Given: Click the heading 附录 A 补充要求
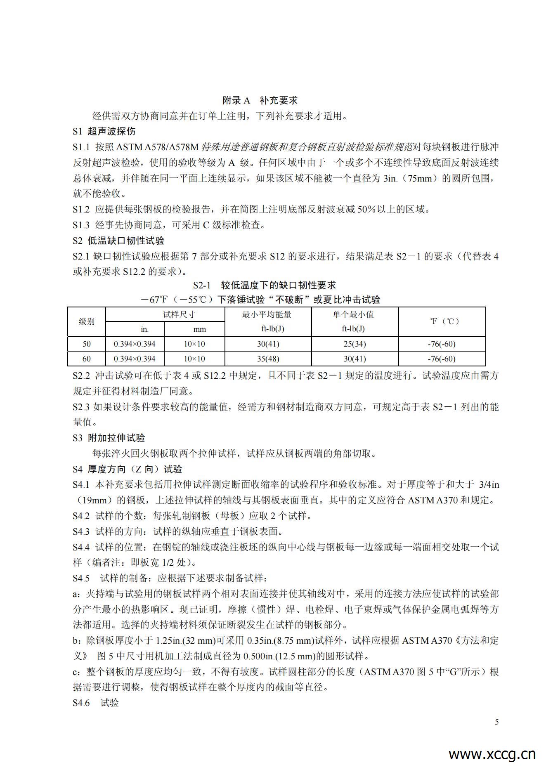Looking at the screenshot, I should pos(260,100).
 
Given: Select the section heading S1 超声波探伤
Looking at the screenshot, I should pos(104,132).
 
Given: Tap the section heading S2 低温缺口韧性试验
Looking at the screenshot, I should pos(118,241).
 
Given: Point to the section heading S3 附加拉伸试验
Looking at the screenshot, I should pos(109,438).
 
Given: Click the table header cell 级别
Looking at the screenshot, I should pos(87,321).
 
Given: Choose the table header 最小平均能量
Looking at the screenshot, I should pos(267,314).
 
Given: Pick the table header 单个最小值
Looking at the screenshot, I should pos(353,314).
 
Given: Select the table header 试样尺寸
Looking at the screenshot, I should pos(179,314).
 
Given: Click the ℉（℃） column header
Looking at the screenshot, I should pos(442,321).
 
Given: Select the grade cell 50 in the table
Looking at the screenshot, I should pos(87,344).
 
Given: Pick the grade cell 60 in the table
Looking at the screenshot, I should pos(87,359).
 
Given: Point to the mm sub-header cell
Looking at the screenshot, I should pos(200,329).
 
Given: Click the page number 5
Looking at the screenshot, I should pos(497,722).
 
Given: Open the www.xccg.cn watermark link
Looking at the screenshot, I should pos(492,755).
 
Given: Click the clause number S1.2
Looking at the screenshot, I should pos(81,210).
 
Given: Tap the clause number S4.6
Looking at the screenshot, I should pos(81,703).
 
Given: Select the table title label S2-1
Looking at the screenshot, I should pos(202,285).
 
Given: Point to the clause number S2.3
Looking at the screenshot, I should pos(81,407).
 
